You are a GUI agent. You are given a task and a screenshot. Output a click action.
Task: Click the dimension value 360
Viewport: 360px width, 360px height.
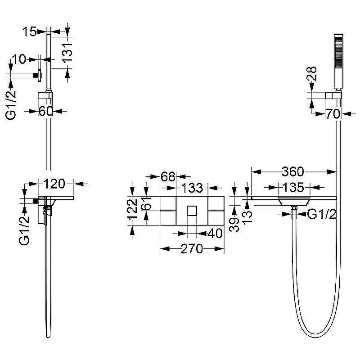point(293,172)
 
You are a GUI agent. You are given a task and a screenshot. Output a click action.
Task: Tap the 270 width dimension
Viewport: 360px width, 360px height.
point(192,249)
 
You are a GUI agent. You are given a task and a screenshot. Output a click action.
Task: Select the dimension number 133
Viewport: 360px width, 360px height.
point(193,188)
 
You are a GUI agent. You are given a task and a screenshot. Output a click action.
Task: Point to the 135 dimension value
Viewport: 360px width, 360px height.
point(293,188)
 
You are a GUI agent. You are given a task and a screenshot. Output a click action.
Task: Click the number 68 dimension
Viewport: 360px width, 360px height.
point(168,176)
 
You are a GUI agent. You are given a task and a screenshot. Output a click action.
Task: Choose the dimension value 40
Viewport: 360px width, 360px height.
point(215,234)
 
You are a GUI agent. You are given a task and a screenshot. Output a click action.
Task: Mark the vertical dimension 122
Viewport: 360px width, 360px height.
point(133,209)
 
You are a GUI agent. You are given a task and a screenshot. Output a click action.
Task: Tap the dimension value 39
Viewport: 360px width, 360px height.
point(234,225)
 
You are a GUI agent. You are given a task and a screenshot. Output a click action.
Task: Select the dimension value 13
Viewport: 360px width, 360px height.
point(247,217)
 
